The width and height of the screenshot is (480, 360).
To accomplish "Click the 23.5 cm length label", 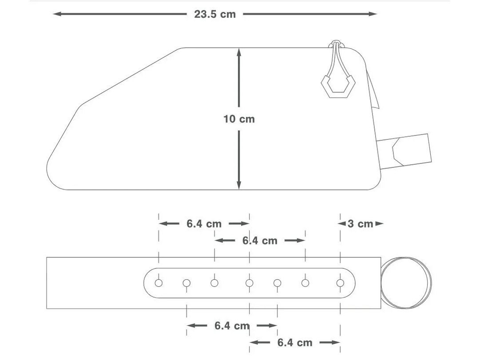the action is pyautogui.click(x=215, y=14).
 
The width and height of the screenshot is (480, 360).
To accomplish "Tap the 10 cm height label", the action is pyautogui.click(x=239, y=119).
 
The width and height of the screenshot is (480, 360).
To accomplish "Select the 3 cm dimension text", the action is pyautogui.click(x=360, y=224).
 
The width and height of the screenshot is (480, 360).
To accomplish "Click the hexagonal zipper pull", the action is pyautogui.click(x=338, y=86).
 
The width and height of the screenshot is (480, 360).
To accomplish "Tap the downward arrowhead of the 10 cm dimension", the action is pyautogui.click(x=239, y=185).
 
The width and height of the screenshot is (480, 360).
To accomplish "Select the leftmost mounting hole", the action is pyautogui.click(x=159, y=283).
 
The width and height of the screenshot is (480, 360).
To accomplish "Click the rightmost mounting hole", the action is pyautogui.click(x=340, y=283).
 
